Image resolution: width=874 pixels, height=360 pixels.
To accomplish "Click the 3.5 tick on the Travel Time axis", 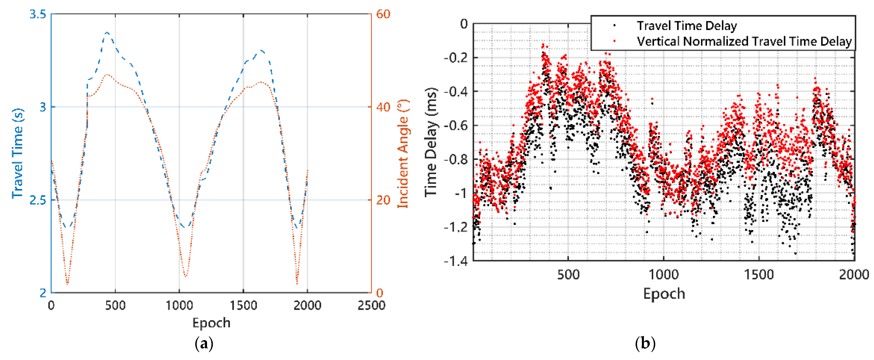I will (37, 14).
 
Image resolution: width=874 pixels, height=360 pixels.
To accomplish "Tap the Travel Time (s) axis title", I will (18, 153).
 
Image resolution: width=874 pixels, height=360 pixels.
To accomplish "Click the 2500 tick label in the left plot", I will (371, 305).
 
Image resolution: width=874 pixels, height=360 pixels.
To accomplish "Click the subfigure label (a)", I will (204, 344).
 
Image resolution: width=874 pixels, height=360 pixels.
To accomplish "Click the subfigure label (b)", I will (645, 344).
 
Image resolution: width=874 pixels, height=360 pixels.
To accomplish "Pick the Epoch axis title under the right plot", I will (664, 293).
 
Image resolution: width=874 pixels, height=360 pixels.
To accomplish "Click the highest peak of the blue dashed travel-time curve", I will (107, 33).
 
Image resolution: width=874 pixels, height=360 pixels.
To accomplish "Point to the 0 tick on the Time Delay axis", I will (464, 24).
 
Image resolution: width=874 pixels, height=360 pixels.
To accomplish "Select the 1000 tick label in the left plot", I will (179, 305).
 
